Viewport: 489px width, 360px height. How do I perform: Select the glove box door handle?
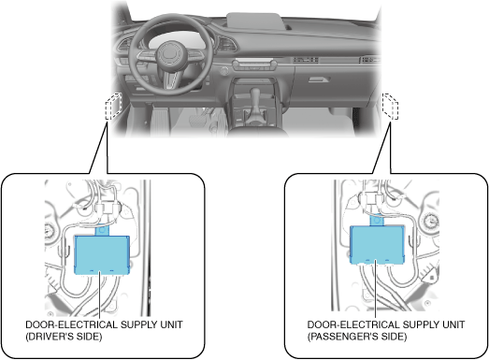319,79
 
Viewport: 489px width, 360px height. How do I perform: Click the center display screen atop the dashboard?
254,22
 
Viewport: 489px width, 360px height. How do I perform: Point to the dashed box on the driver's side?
113,106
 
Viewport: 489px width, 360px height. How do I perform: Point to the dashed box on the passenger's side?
391,106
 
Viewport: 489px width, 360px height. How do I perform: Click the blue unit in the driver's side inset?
102,255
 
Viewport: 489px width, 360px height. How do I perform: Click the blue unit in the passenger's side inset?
377,245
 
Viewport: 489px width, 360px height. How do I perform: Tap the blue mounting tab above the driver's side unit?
102,231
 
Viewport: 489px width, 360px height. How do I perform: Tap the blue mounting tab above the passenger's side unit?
377,222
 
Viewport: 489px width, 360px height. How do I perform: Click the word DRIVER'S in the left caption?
65,337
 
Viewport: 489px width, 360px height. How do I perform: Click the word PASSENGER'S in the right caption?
357,337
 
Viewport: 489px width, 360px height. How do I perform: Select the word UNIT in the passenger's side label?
453,324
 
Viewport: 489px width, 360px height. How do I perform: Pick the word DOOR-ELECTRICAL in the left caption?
71,324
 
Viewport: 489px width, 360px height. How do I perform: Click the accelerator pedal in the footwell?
159,121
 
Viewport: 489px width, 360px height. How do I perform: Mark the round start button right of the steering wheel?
223,71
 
